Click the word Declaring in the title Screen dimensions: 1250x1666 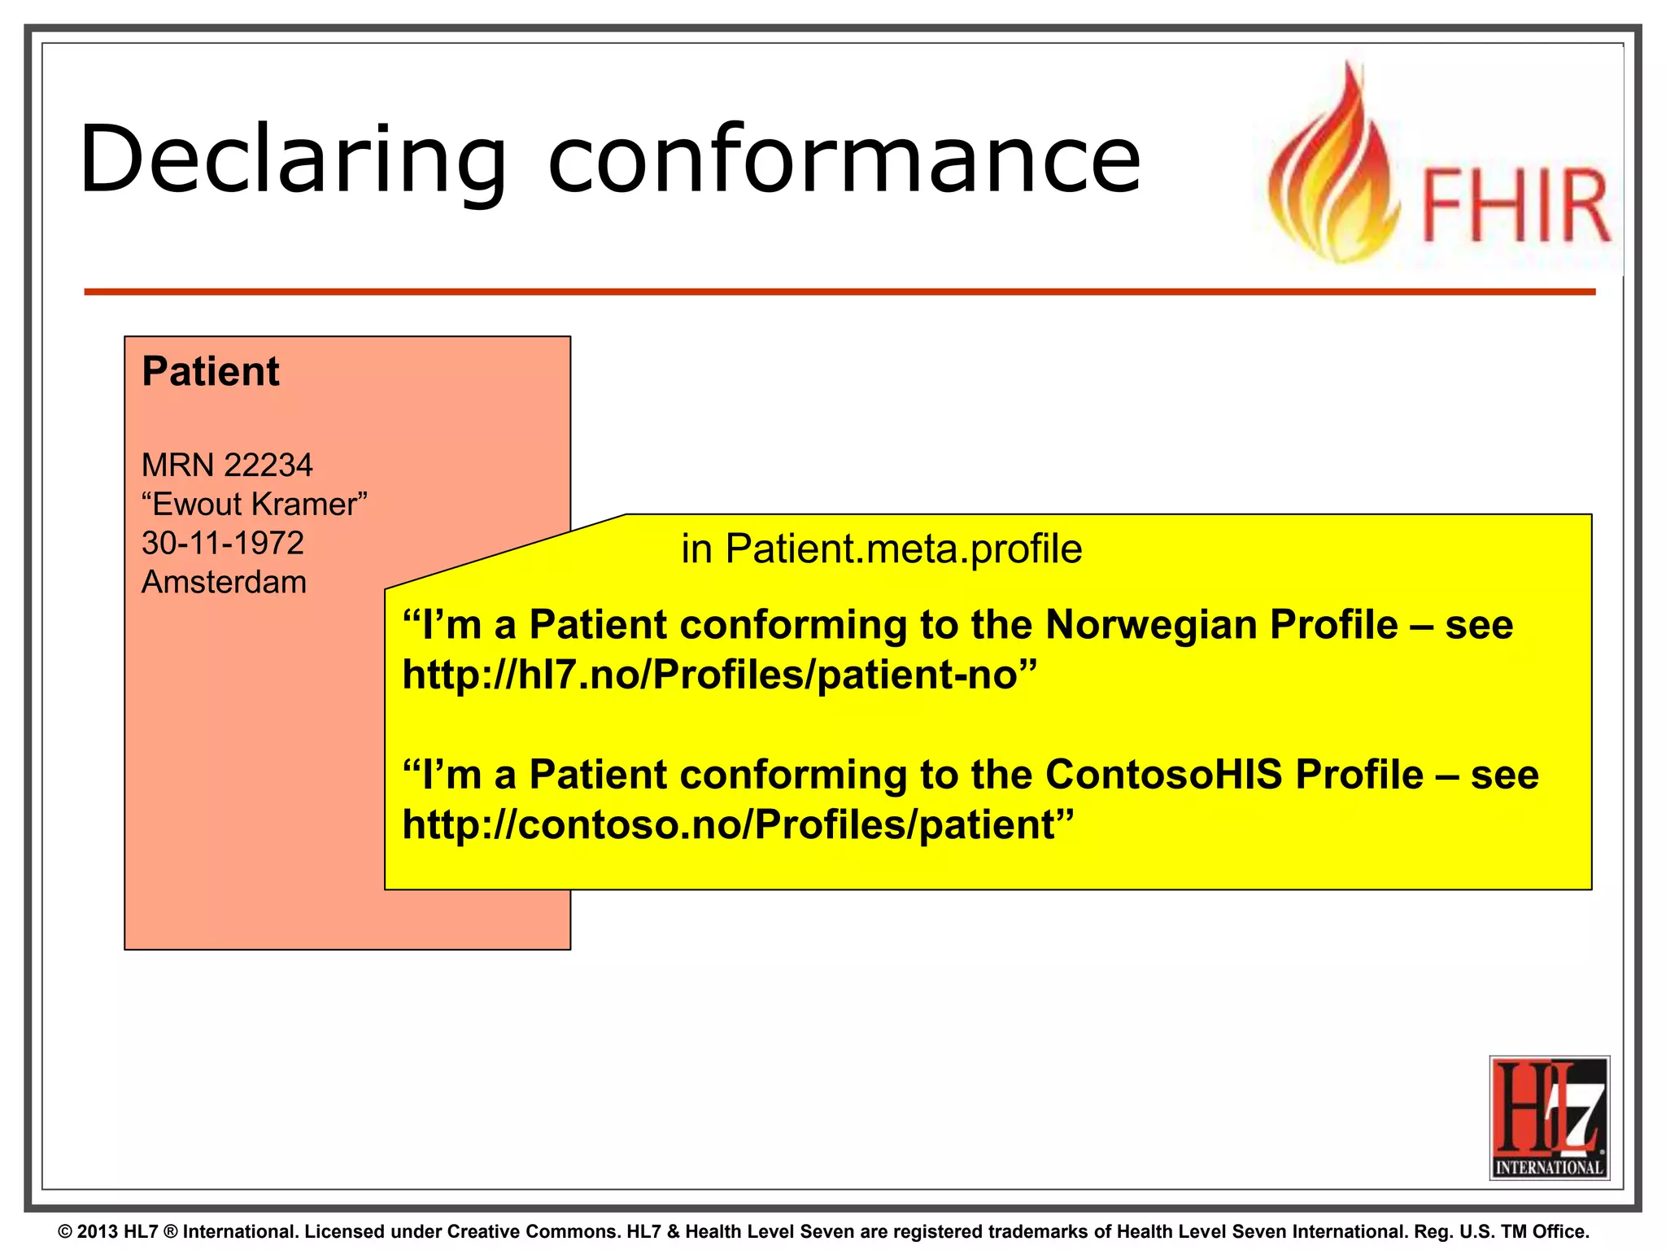click(293, 160)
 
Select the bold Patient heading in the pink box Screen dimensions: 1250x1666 click(210, 372)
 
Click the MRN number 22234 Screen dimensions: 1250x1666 click(268, 465)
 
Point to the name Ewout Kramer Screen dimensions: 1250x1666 click(255, 505)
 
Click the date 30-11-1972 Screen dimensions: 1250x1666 click(222, 543)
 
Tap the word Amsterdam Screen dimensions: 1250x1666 click(224, 582)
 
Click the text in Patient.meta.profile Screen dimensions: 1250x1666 click(881, 549)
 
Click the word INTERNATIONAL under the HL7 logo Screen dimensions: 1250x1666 click(1549, 1168)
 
